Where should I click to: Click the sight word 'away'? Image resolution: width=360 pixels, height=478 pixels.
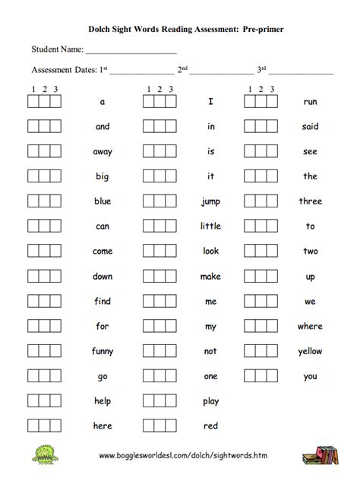[103, 151]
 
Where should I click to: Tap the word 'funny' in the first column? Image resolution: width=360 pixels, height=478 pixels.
[103, 351]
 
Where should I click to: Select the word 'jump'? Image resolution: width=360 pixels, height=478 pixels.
[210, 201]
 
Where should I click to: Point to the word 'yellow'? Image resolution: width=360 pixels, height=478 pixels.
[310, 351]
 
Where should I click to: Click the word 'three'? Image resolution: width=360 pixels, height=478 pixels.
[310, 201]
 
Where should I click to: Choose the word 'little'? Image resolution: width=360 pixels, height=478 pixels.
[210, 226]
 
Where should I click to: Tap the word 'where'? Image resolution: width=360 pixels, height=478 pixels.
[310, 326]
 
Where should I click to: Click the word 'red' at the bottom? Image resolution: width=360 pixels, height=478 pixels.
[210, 426]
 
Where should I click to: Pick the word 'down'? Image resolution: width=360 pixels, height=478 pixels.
[103, 277]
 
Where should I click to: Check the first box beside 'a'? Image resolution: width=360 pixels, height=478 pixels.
[33, 101]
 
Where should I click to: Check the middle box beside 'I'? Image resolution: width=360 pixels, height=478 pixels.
[159, 101]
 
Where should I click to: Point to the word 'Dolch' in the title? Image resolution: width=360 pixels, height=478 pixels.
[102, 27]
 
